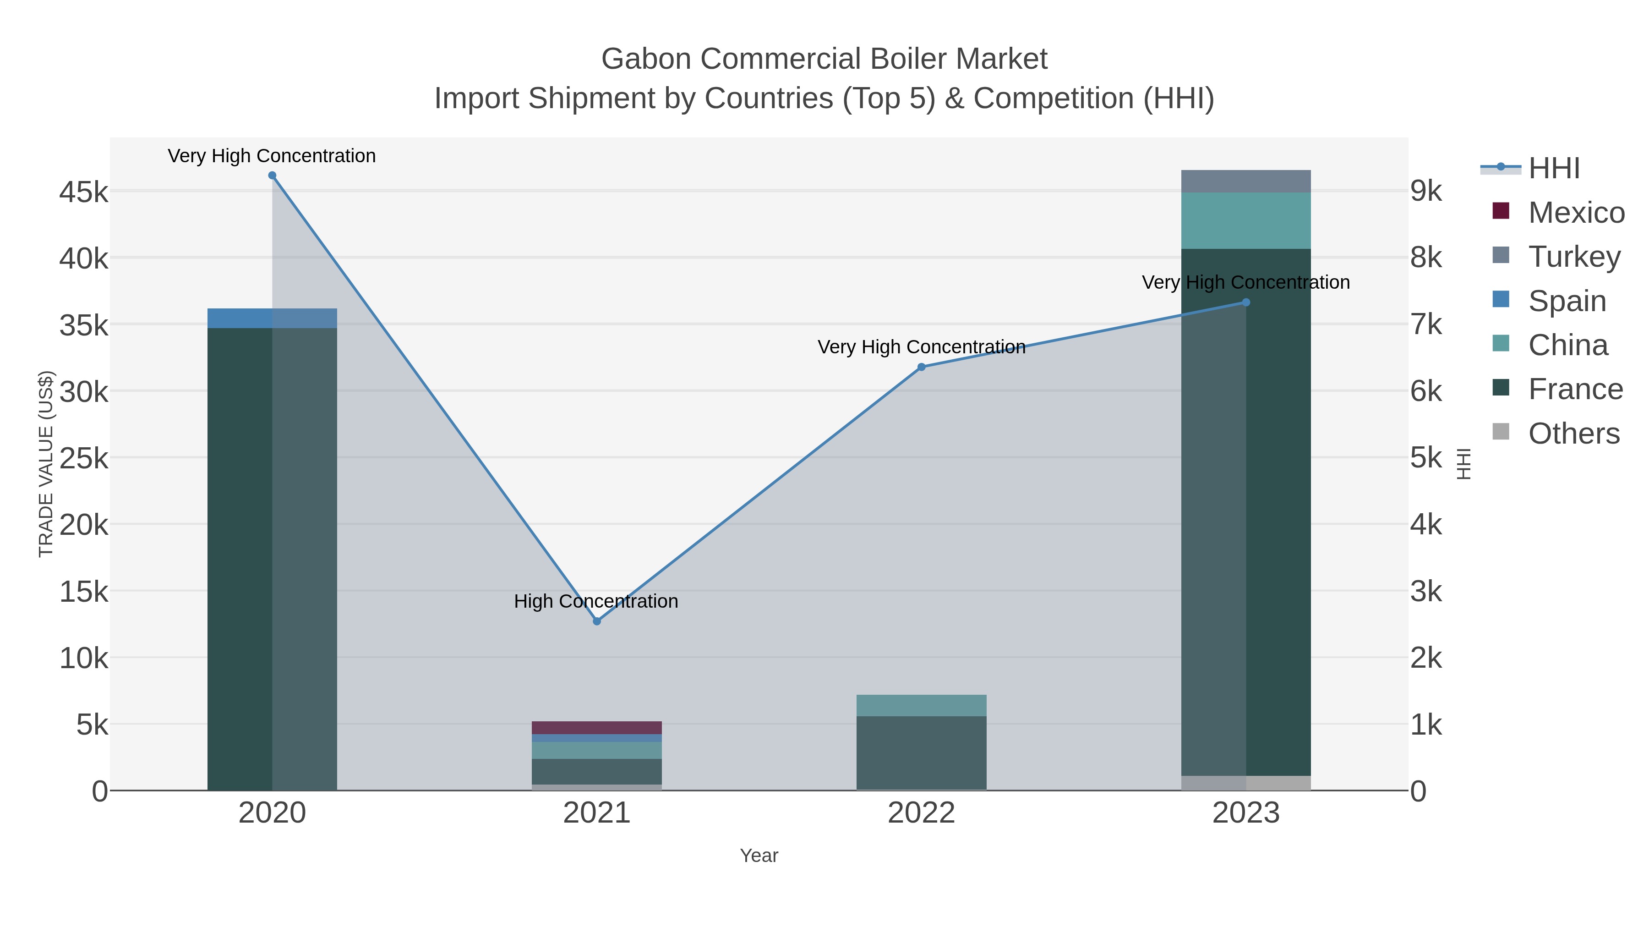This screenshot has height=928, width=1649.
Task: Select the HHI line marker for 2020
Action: tap(272, 176)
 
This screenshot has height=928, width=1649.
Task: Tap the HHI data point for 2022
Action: tap(921, 367)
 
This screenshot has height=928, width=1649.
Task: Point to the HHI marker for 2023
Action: tap(1246, 302)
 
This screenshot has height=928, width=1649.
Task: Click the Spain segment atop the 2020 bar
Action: tap(272, 318)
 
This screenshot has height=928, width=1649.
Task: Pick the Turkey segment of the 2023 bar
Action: tap(1246, 181)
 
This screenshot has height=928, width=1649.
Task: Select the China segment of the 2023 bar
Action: tap(1246, 220)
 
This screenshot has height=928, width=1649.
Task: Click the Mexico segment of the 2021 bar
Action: tap(596, 728)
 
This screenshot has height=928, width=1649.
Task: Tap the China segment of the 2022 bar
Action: tap(921, 705)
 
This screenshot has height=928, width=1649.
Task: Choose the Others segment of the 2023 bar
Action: tap(1246, 783)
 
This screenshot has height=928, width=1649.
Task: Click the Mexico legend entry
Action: tap(1575, 213)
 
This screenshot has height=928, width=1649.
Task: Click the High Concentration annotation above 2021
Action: tap(596, 601)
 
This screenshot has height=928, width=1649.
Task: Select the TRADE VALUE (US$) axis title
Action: tap(46, 464)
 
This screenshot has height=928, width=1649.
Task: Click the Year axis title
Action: tap(759, 856)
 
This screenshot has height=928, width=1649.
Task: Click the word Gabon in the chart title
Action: tap(646, 59)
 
